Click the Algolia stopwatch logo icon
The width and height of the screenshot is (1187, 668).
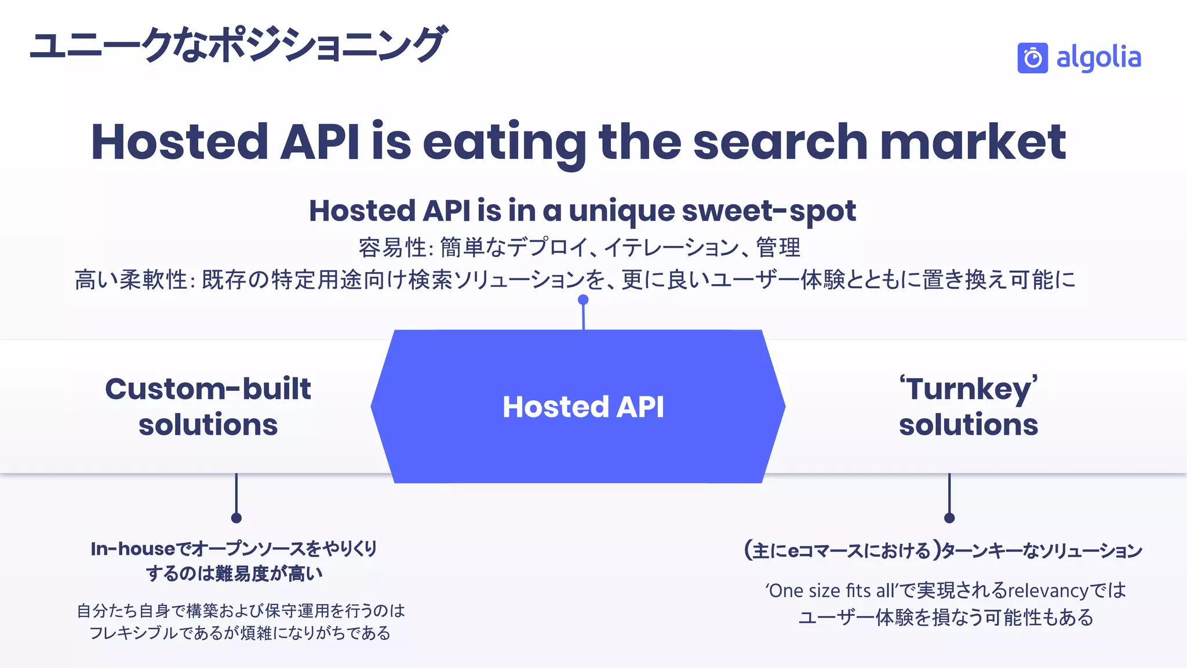pyautogui.click(x=1032, y=58)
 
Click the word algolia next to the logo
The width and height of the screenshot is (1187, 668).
pyautogui.click(x=1098, y=58)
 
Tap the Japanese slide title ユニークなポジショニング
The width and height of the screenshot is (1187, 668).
pyautogui.click(x=238, y=45)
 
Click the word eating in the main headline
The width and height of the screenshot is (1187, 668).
pyautogui.click(x=504, y=142)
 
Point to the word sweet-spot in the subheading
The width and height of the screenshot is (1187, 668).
pyautogui.click(x=769, y=210)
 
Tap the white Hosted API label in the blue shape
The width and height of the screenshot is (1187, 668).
pyautogui.click(x=583, y=406)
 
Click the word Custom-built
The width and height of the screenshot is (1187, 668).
pyautogui.click(x=208, y=389)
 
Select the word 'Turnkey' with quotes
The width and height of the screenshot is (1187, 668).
pyautogui.click(x=968, y=389)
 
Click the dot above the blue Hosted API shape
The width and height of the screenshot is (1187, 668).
pyautogui.click(x=583, y=300)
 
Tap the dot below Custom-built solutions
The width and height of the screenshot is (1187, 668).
pyautogui.click(x=236, y=518)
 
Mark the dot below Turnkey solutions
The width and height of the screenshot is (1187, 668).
pyautogui.click(x=949, y=518)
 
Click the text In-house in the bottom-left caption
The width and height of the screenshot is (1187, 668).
pyautogui.click(x=133, y=549)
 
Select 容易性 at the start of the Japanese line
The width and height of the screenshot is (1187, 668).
pyautogui.click(x=392, y=248)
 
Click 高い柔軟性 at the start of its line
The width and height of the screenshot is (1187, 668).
pyautogui.click(x=130, y=280)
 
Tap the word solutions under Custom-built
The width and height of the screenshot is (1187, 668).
pyautogui.click(x=208, y=425)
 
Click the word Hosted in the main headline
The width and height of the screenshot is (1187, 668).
pyautogui.click(x=180, y=142)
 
